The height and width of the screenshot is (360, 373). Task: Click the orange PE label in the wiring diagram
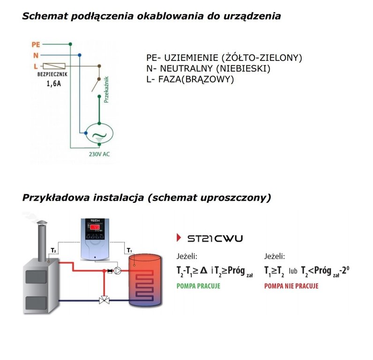tap(36, 45)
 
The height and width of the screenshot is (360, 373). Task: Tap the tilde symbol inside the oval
tap(98, 136)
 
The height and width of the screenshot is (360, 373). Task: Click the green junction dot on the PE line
tap(70, 45)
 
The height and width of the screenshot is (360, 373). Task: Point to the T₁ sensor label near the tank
tap(130, 249)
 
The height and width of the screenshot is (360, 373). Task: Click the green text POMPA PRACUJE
tap(198, 285)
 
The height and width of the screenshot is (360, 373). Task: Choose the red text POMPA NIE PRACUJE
tap(291, 285)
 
